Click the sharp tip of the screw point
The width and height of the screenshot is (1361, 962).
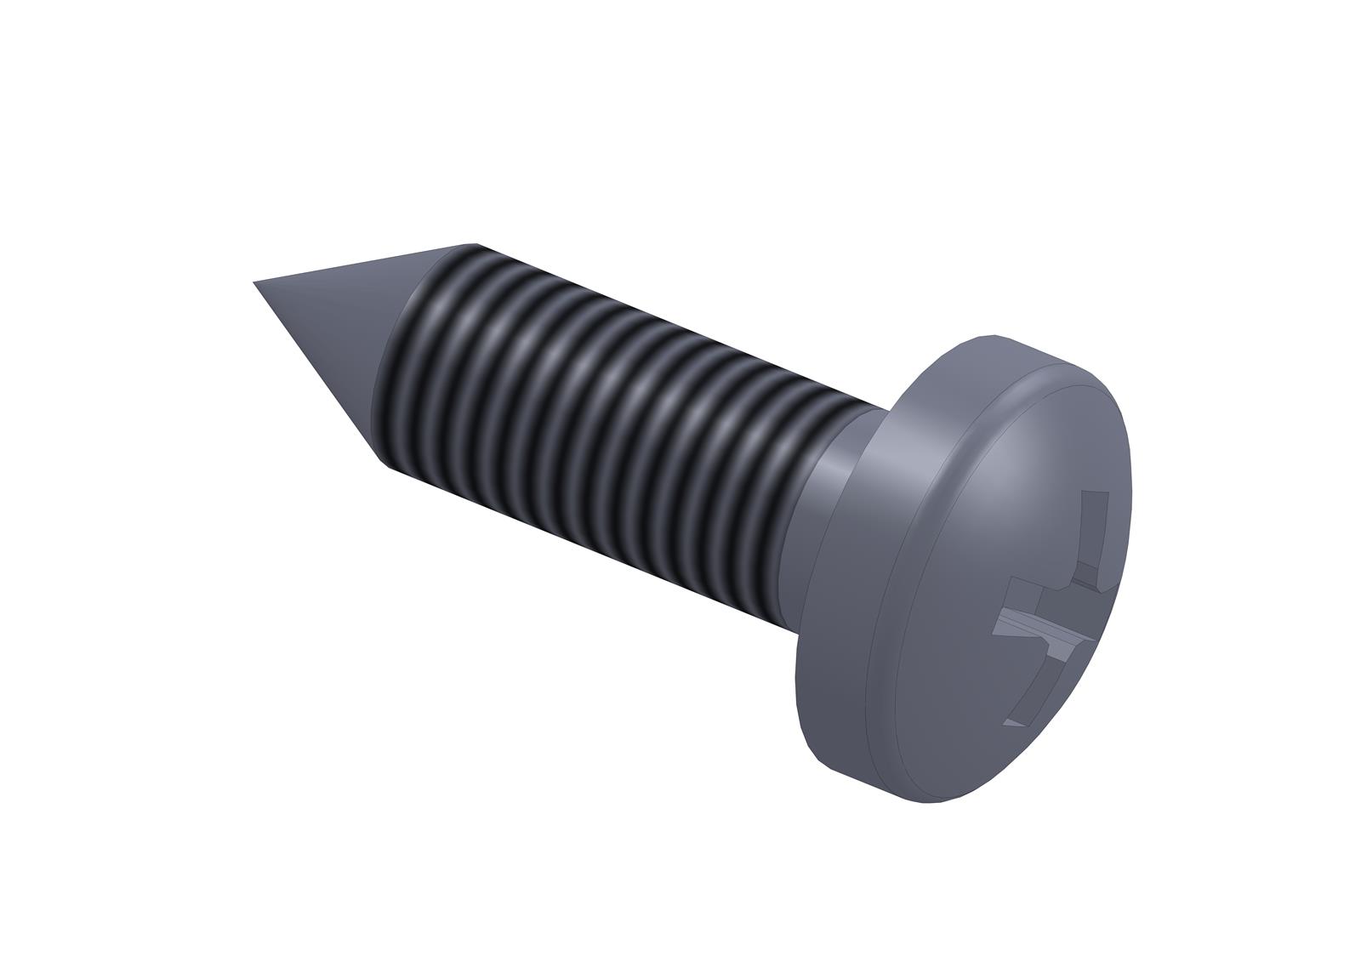click(255, 282)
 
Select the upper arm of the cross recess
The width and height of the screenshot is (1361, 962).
click(1096, 527)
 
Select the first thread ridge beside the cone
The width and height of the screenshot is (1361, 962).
click(408, 357)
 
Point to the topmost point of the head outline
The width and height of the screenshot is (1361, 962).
click(991, 334)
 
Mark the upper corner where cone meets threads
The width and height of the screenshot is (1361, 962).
click(473, 244)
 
